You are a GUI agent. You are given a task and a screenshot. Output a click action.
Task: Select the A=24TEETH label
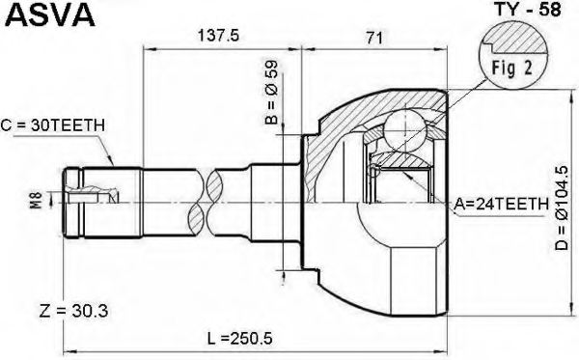click(501, 204)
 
